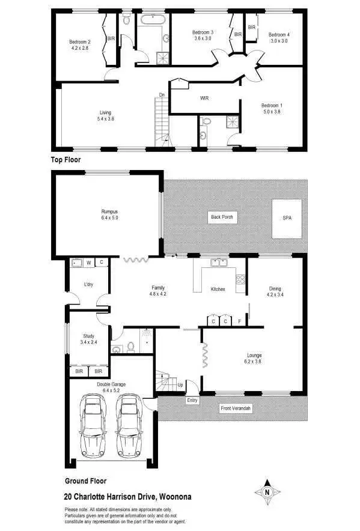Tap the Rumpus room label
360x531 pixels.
pyautogui.click(x=109, y=211)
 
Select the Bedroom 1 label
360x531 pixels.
pyautogui.click(x=272, y=106)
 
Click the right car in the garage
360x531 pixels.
pyautogui.click(x=129, y=425)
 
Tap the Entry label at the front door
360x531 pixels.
pyautogui.click(x=192, y=400)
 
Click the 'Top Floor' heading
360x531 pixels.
pyautogui.click(x=66, y=160)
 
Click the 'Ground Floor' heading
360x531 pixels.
pyautogui.click(x=85, y=481)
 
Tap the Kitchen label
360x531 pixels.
pyautogui.click(x=218, y=290)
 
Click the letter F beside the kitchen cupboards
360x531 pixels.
pyautogui.click(x=240, y=321)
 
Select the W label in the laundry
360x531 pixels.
pyautogui.click(x=88, y=262)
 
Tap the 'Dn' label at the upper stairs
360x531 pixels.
pyautogui.click(x=162, y=94)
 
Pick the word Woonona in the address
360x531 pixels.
pyautogui.click(x=174, y=497)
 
